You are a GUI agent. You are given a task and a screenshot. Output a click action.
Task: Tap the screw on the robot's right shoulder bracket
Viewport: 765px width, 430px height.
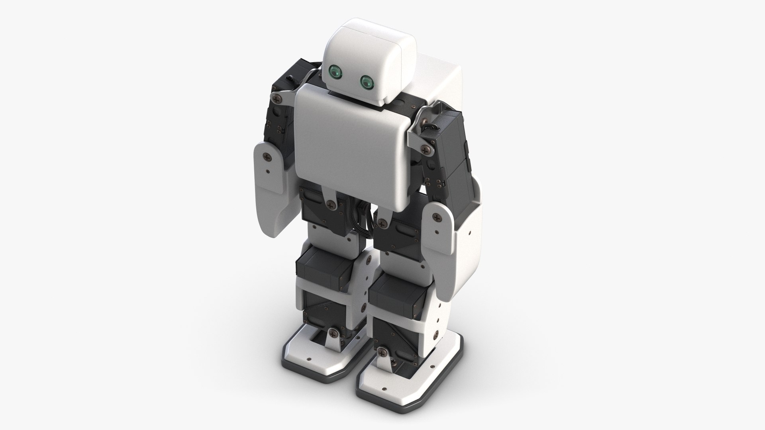click(276, 97)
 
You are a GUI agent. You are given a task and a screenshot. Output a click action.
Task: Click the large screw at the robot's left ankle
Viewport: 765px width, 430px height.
click(383, 352)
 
